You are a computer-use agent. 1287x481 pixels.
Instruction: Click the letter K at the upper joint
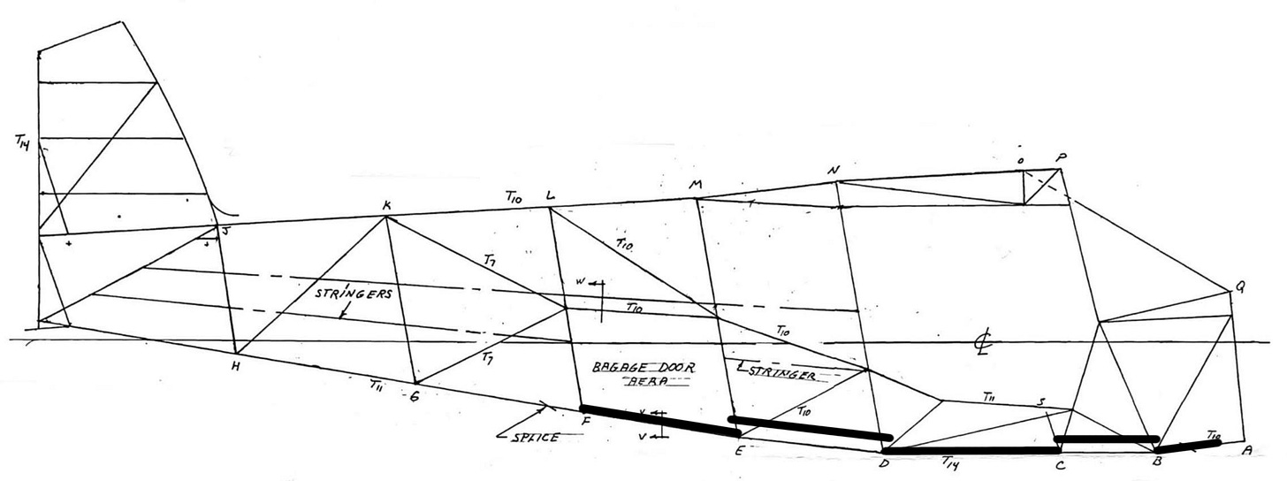386,206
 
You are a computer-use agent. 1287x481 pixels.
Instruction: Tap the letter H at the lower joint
234,366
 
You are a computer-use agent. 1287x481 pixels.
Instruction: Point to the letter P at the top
1061,158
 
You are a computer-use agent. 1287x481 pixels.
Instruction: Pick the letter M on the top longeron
695,186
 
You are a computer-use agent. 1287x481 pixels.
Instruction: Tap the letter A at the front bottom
1247,449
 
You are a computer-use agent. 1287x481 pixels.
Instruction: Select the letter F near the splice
585,422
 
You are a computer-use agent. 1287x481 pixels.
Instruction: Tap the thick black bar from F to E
659,420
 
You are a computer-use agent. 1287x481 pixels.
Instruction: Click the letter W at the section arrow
581,282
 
